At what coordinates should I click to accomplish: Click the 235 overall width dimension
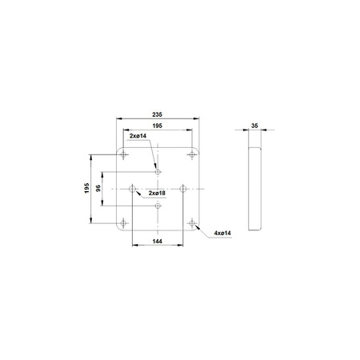point(157,114)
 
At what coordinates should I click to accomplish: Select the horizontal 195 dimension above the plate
point(157,126)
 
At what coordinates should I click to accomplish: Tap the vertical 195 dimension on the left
point(86,188)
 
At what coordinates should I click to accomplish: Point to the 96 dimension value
point(98,188)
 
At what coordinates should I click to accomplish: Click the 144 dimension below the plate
point(158,241)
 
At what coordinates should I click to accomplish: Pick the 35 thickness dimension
point(254,126)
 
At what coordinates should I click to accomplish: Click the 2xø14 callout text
point(138,136)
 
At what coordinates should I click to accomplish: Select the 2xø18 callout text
point(157,193)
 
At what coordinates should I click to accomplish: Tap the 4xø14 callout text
point(222,233)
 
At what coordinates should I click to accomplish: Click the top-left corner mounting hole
point(123,154)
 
